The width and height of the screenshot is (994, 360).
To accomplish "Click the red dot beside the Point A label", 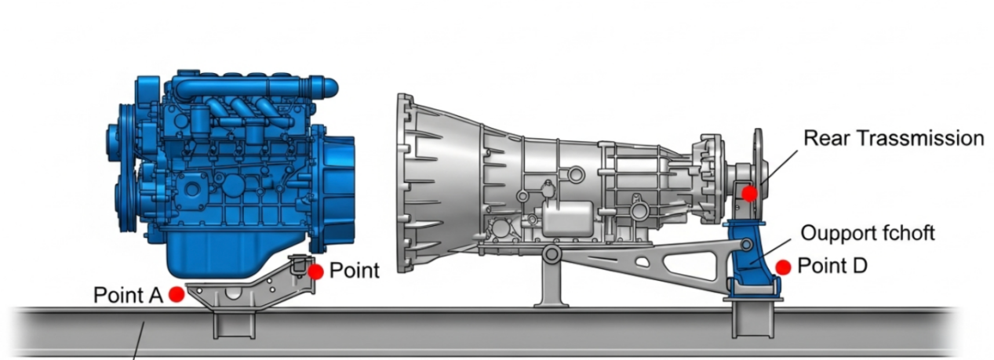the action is click(x=177, y=294).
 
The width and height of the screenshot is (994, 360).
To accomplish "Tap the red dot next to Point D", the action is click(x=783, y=267).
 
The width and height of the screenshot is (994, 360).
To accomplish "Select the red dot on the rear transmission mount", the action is click(x=749, y=194).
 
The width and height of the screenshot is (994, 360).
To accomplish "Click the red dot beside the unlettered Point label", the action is click(x=315, y=271).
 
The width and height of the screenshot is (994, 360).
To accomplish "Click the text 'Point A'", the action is click(x=128, y=295).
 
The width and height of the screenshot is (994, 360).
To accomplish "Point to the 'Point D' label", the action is click(x=832, y=266).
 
